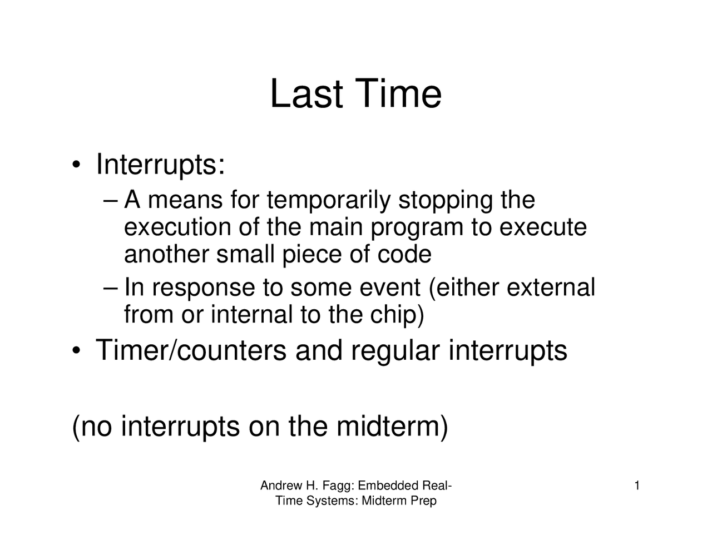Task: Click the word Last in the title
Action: (x=306, y=94)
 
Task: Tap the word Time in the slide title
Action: (x=398, y=94)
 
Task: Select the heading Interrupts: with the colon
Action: (x=160, y=165)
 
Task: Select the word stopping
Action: (x=445, y=200)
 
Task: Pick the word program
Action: (x=417, y=228)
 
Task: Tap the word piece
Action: (x=313, y=255)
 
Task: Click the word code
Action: (x=404, y=255)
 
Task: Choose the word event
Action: (x=389, y=288)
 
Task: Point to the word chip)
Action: (x=397, y=315)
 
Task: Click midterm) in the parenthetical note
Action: (x=392, y=427)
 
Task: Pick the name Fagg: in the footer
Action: (x=338, y=487)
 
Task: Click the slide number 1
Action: (x=637, y=487)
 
